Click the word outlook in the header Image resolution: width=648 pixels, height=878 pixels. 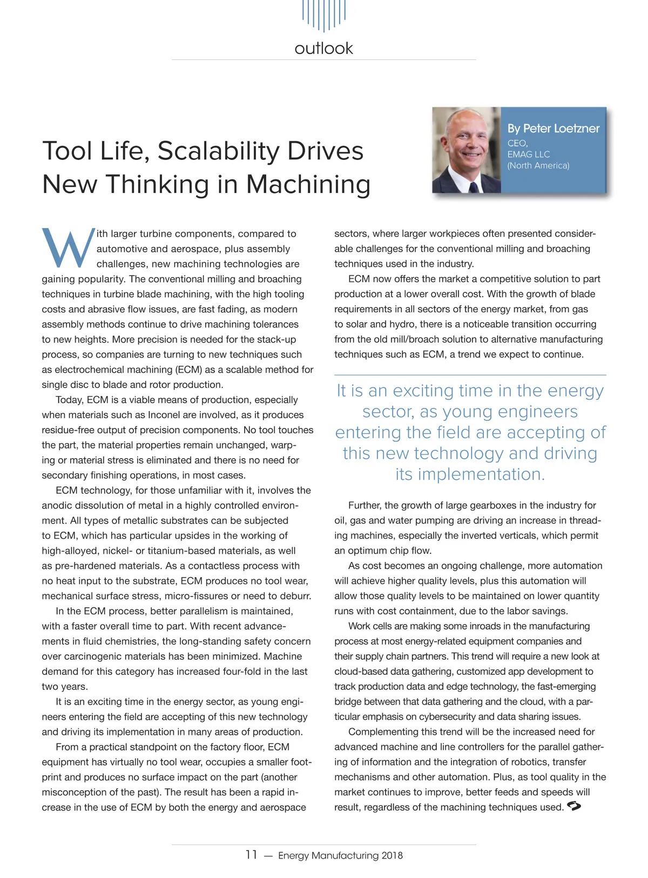click(x=323, y=49)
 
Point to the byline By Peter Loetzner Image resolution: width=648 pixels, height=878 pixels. click(x=553, y=129)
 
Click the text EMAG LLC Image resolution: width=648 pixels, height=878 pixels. click(x=528, y=155)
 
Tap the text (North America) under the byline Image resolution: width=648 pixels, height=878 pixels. click(x=538, y=166)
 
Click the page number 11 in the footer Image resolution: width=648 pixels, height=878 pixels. click(x=251, y=855)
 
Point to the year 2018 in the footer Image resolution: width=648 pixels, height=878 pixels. click(x=392, y=856)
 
